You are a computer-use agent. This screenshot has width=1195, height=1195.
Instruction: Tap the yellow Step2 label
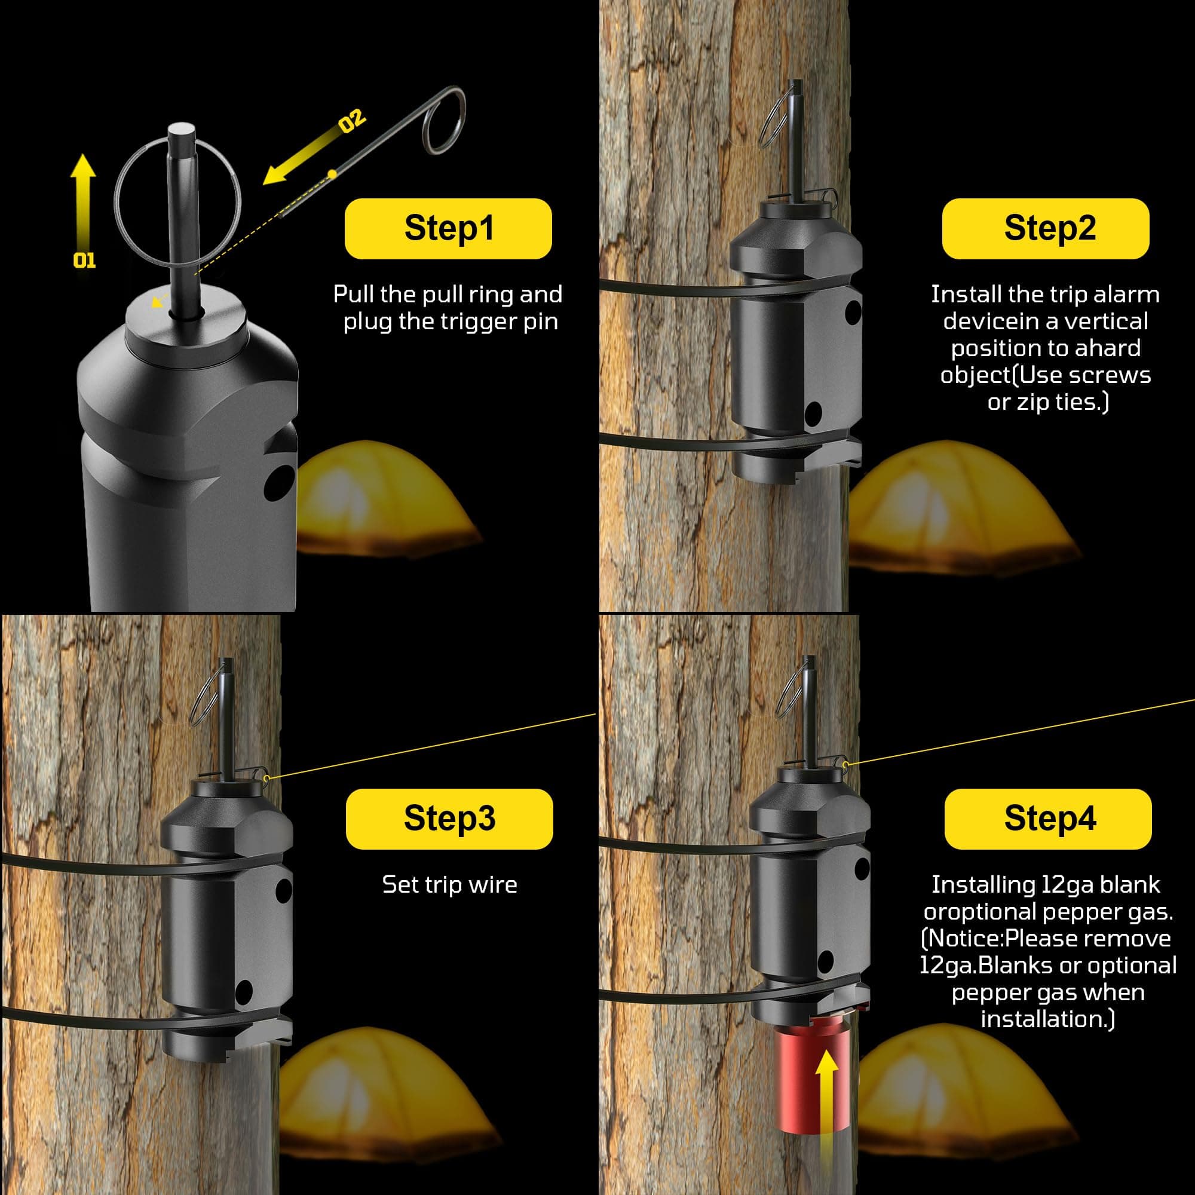1045,228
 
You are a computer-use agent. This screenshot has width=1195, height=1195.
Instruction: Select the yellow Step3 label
449,819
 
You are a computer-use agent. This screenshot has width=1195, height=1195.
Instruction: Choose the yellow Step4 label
1048,819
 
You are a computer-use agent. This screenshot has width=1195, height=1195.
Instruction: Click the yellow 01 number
84,261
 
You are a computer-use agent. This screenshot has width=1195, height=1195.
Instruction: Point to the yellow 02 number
352,121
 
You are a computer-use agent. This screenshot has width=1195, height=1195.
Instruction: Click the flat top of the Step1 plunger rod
182,131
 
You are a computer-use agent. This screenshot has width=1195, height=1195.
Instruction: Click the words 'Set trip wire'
450,884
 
